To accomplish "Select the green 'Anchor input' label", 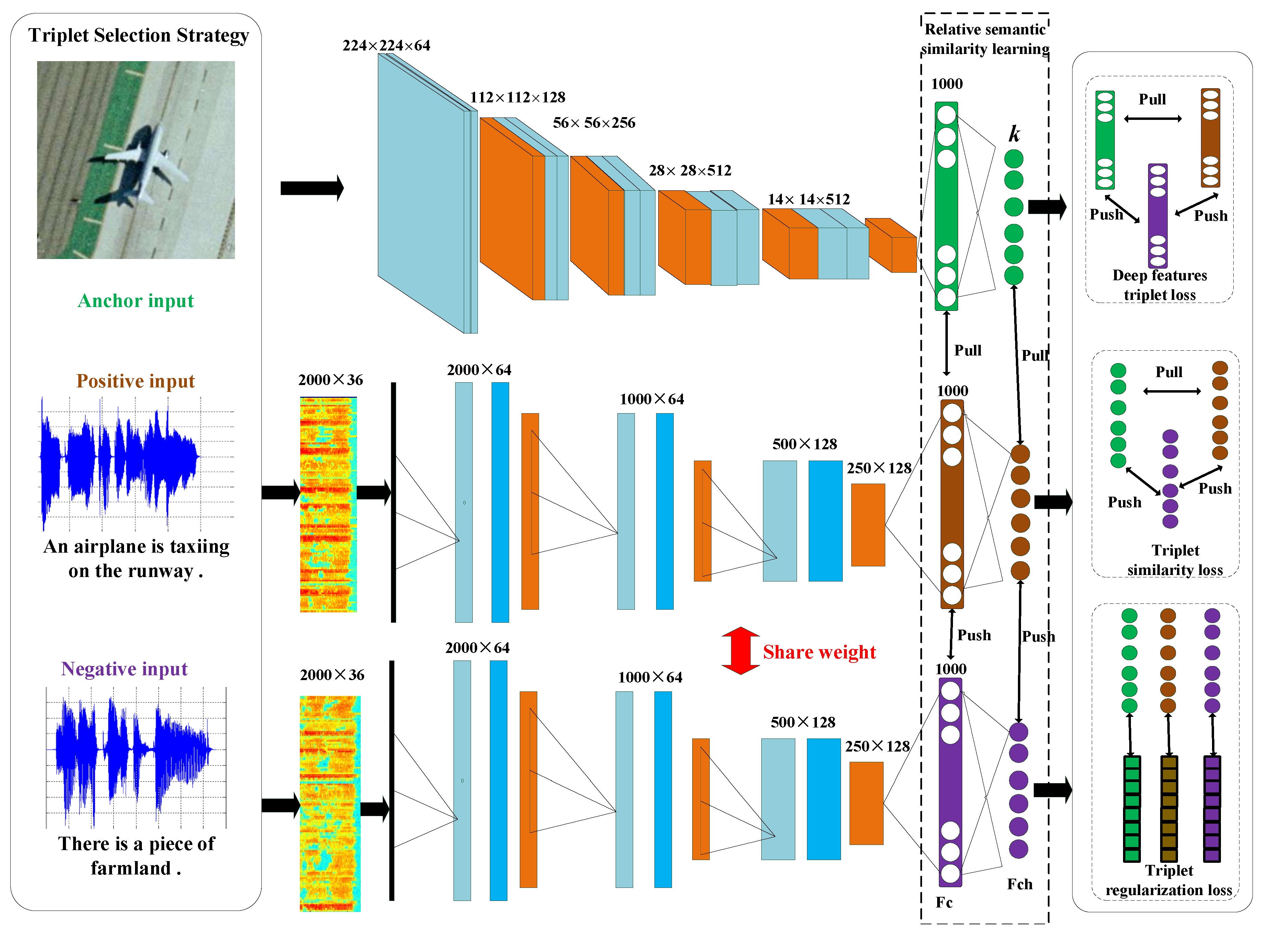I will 136,301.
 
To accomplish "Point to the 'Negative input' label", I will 124,669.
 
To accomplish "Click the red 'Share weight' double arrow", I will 740,651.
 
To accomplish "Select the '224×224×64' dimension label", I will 386,45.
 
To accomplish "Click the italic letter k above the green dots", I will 1014,134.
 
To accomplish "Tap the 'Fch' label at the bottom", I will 1020,884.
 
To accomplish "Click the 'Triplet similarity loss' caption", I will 1175,560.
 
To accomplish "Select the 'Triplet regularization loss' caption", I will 1169,880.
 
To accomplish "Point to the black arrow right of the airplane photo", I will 312,188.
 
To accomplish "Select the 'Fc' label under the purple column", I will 944,902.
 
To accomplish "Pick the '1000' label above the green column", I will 947,84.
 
